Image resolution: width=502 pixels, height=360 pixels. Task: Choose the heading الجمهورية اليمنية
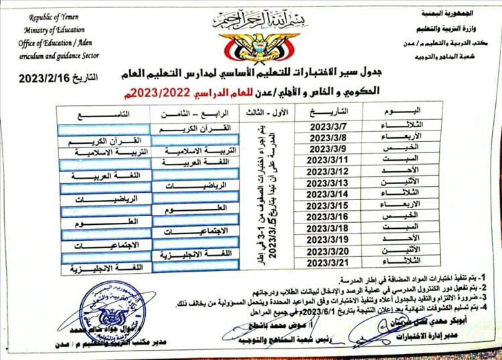click(450, 13)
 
